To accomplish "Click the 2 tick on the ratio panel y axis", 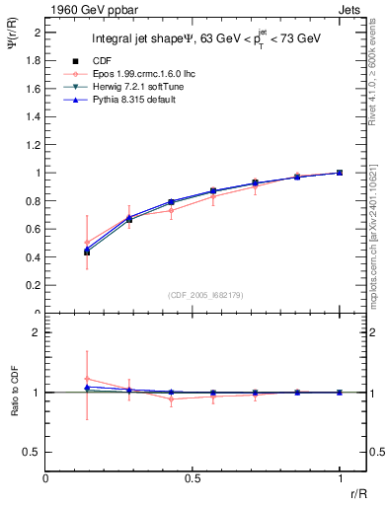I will (x=37, y=332).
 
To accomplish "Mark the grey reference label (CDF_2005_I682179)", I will (x=193, y=294).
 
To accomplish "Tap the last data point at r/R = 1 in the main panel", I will (x=340, y=173).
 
